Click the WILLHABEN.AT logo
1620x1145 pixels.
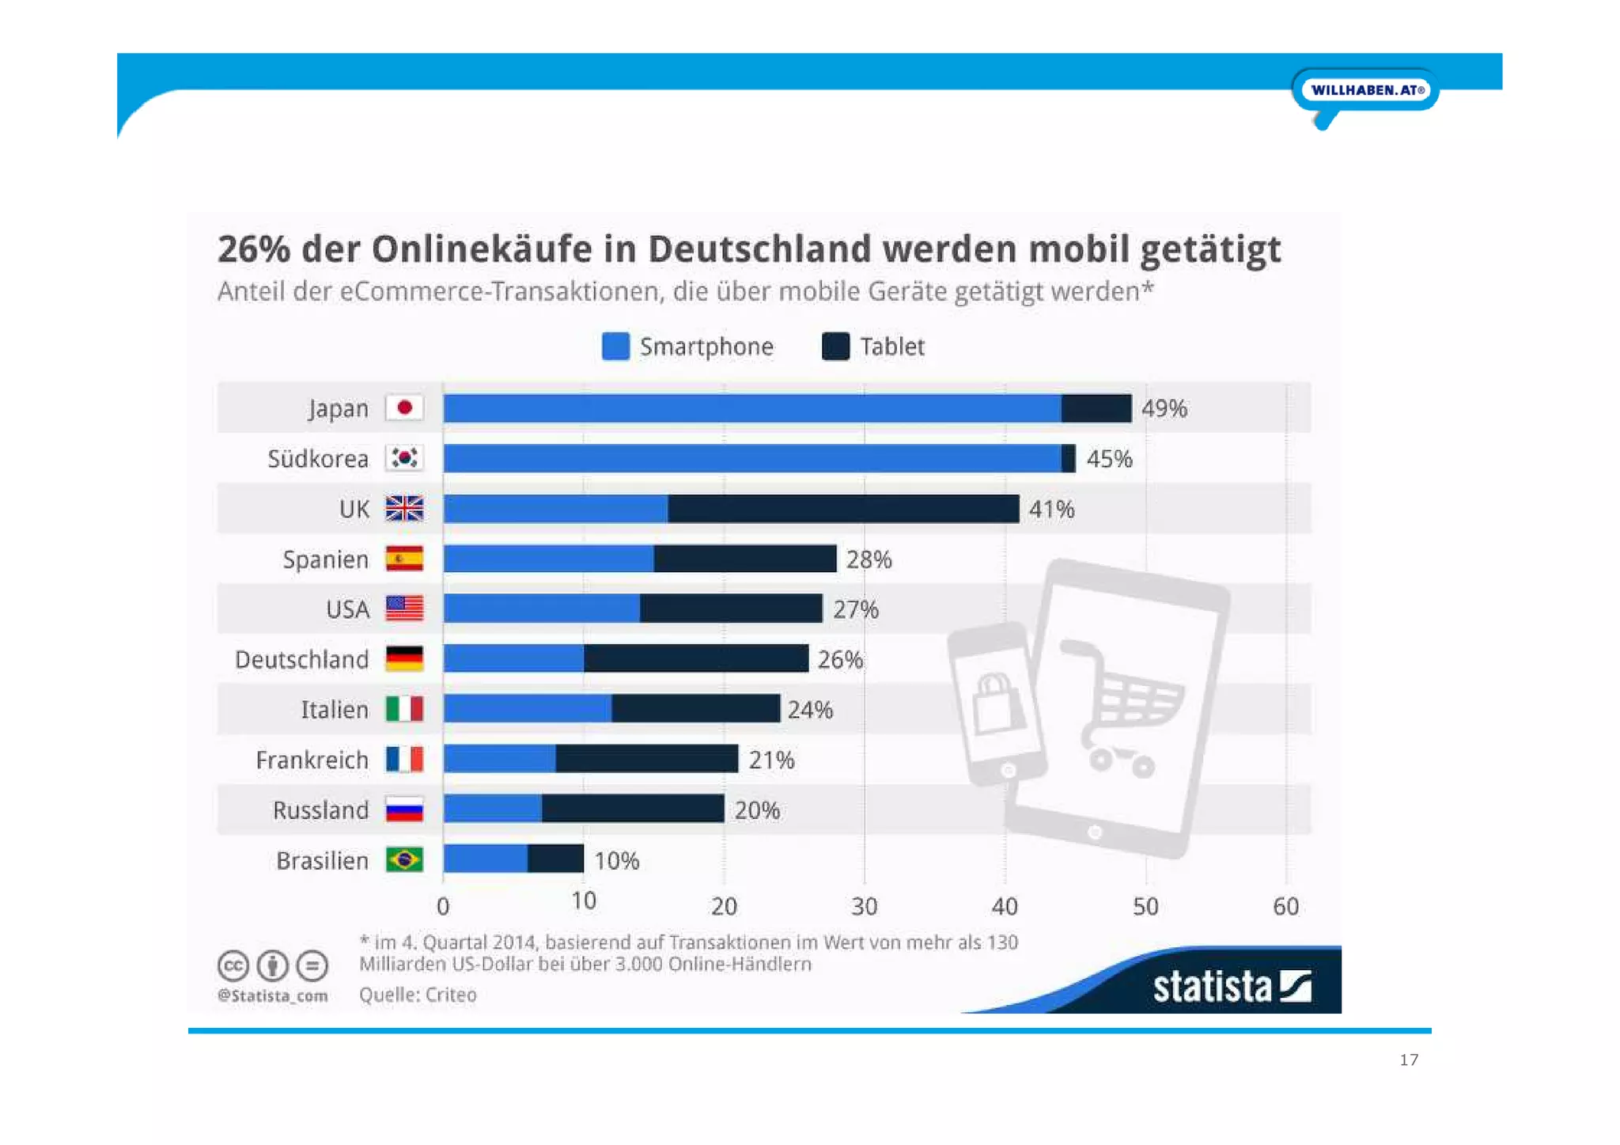[x=1366, y=90]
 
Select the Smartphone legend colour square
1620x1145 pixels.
[x=615, y=347]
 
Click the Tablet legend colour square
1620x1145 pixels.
[x=835, y=347]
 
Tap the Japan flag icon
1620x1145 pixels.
[x=404, y=408]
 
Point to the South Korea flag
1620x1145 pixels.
[x=404, y=458]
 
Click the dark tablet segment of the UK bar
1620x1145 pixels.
[x=843, y=509]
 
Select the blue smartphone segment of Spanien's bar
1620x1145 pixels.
[x=548, y=559]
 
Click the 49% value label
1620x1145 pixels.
[x=1164, y=408]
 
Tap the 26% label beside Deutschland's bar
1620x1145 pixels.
[x=840, y=659]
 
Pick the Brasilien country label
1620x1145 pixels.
[x=322, y=860]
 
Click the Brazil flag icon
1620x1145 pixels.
[x=404, y=860]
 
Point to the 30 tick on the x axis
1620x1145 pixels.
[x=864, y=906]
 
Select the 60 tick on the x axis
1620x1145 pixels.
[x=1285, y=906]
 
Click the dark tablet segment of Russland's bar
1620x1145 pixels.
[x=633, y=809]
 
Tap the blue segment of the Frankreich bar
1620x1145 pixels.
[x=499, y=760]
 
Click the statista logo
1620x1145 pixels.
[x=1232, y=987]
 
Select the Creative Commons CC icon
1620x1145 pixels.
[x=233, y=966]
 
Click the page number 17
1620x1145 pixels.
[x=1409, y=1060]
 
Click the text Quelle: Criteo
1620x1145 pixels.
[x=418, y=995]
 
